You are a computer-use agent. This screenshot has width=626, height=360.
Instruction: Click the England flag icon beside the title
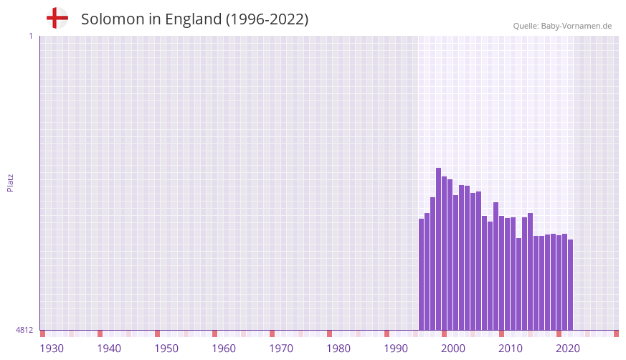[57, 19]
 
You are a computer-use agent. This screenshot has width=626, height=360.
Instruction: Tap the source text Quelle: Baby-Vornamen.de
[562, 26]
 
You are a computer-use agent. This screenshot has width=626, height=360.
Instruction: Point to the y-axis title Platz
[10, 183]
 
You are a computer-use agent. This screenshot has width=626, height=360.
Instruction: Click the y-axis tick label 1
[30, 36]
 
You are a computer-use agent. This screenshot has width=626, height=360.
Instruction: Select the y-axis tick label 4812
[24, 330]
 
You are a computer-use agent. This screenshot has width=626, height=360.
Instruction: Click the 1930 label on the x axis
[52, 349]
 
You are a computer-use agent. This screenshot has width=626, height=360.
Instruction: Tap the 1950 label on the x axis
[166, 349]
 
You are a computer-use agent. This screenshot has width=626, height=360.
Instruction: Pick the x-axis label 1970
[281, 349]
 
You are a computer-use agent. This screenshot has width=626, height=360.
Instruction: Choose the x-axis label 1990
[396, 349]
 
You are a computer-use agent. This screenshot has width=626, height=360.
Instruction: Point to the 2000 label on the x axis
[453, 349]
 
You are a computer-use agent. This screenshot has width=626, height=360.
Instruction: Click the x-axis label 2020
[568, 349]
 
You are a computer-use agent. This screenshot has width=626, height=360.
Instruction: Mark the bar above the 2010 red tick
[501, 273]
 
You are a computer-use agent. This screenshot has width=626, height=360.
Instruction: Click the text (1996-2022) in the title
[267, 19]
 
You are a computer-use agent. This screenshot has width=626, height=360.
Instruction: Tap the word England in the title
[193, 19]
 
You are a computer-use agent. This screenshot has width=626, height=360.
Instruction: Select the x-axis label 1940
[109, 349]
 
